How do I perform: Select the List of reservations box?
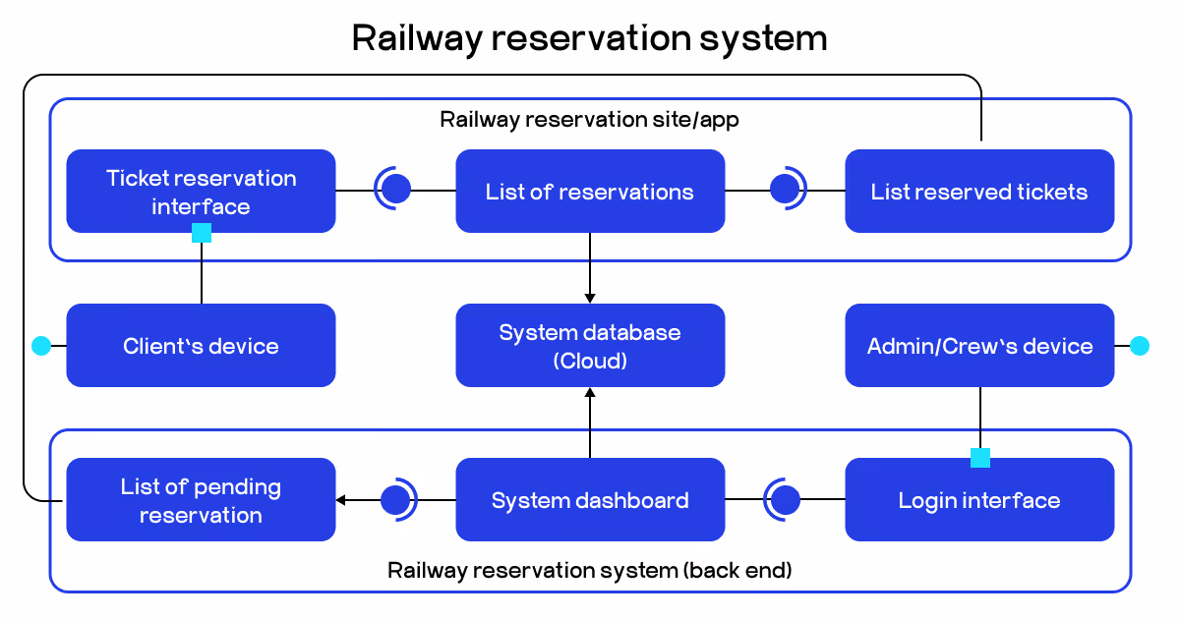(x=590, y=192)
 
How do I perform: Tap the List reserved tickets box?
(x=979, y=192)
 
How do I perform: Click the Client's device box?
(x=201, y=346)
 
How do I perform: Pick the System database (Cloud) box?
(x=590, y=346)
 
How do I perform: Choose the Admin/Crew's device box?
(x=979, y=346)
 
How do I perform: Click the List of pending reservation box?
(x=201, y=500)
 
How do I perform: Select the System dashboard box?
(x=590, y=500)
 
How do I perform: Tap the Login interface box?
(x=979, y=500)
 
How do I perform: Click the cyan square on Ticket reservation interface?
(x=202, y=233)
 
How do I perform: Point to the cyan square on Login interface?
(x=980, y=458)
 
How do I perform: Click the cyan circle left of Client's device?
(x=40, y=346)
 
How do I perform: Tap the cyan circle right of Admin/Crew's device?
(x=1140, y=346)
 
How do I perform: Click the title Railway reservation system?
(x=590, y=38)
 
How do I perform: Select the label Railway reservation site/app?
(x=590, y=120)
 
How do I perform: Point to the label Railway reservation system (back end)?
(x=590, y=570)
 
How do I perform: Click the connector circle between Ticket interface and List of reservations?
(x=395, y=189)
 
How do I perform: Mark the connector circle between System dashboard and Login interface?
(x=785, y=500)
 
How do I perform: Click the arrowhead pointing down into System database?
(x=590, y=297)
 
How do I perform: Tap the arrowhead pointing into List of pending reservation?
(x=341, y=500)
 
